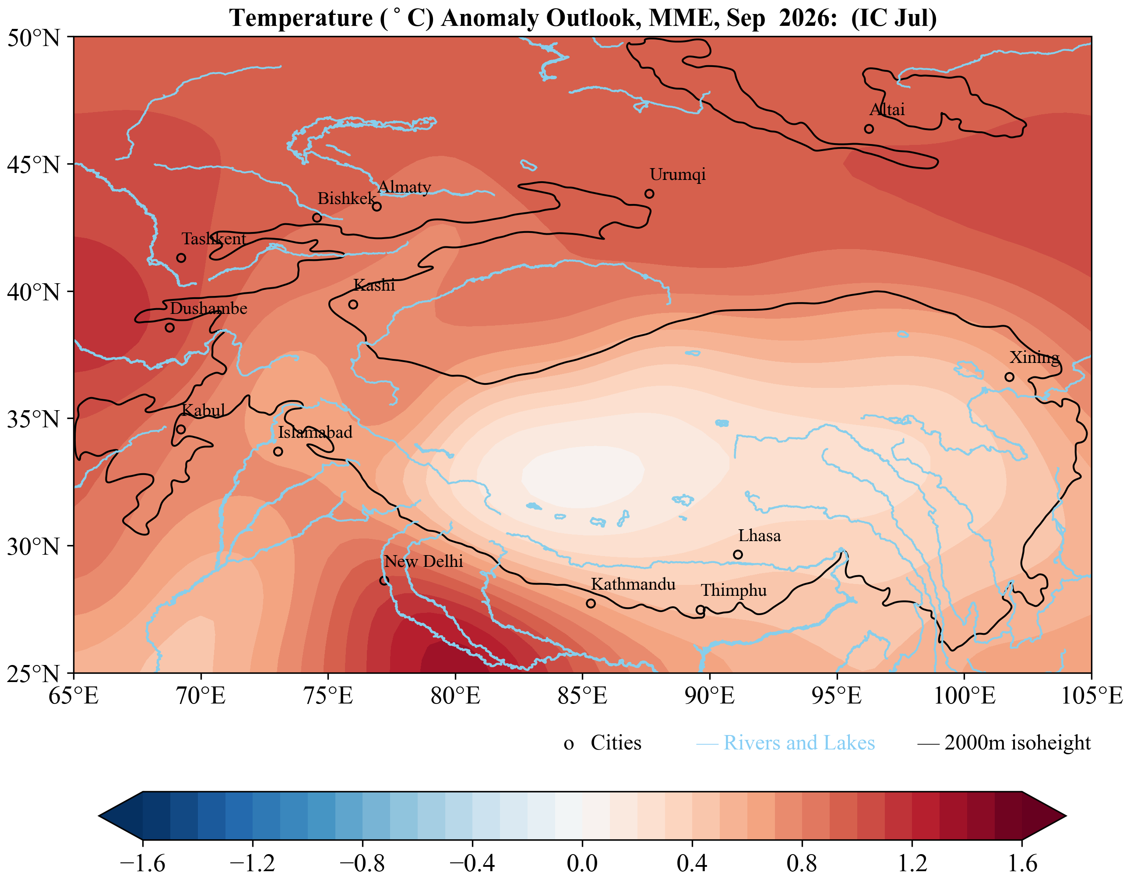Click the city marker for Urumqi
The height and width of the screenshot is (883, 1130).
click(649, 193)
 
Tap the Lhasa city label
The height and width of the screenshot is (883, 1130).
click(759, 536)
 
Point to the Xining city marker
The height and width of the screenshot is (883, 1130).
click(1010, 377)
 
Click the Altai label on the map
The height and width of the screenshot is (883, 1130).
click(887, 110)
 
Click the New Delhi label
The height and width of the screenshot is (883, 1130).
click(423, 561)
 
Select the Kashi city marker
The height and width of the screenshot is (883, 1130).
click(353, 304)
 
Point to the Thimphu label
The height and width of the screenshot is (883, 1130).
click(734, 591)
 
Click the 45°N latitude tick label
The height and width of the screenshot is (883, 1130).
click(33, 165)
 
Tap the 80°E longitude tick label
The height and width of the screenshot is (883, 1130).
click(455, 696)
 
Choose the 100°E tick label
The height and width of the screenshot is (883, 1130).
click(965, 696)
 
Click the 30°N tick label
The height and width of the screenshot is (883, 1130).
click(33, 546)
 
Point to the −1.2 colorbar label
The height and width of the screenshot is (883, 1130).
click(252, 863)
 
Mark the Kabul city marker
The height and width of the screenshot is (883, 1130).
click(180, 429)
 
